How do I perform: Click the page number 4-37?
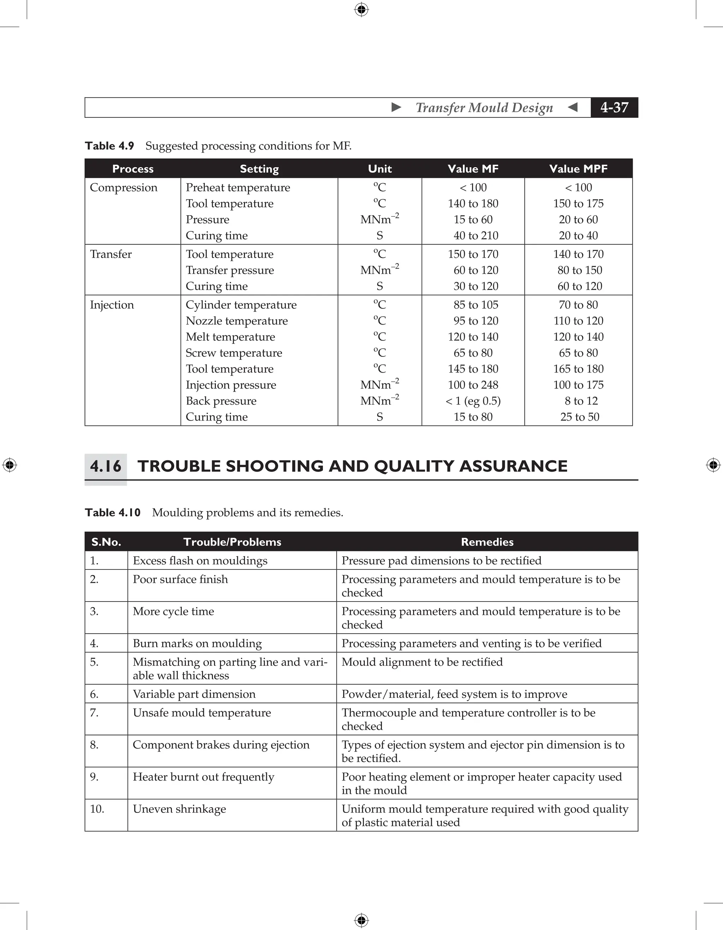(614, 107)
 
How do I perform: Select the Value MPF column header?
(578, 169)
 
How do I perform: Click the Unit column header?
(380, 169)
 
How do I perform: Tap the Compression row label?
(124, 187)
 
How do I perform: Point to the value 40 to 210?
(476, 235)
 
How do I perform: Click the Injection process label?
(112, 305)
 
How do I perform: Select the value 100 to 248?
(473, 385)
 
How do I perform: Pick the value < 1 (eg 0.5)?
(473, 401)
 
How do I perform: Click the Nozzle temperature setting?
(237, 321)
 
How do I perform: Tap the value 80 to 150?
(579, 270)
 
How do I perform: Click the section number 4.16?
(106, 466)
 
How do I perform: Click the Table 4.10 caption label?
(113, 512)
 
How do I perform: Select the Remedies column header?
(487, 542)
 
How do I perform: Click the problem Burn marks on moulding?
(197, 643)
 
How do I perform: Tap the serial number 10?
(97, 809)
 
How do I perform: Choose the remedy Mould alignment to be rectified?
(422, 662)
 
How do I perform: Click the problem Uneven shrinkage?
(179, 809)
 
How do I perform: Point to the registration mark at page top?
(361, 10)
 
